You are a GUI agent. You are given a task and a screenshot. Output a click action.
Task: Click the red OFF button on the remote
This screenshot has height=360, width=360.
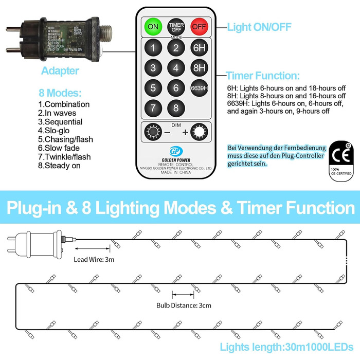coord(199,26)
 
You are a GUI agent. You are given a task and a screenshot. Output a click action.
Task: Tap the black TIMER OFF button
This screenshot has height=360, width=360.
coord(176,26)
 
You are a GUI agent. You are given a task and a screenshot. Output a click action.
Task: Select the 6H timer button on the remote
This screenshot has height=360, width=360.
coord(199,48)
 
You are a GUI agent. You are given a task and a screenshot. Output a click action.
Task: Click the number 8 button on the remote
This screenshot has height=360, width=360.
coord(176,108)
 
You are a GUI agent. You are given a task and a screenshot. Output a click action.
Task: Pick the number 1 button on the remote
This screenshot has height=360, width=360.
coord(153,48)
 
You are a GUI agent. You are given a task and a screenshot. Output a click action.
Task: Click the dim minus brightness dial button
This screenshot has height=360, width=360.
coord(153,132)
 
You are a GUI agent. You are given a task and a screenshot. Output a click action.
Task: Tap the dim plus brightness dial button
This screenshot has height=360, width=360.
coord(199,132)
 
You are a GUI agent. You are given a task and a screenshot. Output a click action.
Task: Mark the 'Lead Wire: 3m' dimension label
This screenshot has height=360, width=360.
coord(95,260)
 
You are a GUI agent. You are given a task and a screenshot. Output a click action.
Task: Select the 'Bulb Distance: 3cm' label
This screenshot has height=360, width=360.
coord(184,305)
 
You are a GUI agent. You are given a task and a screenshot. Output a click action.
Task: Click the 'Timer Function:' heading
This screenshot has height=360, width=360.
coord(263,76)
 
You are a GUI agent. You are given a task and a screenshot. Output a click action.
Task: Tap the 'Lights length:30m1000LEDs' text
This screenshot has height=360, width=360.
coord(286,347)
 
